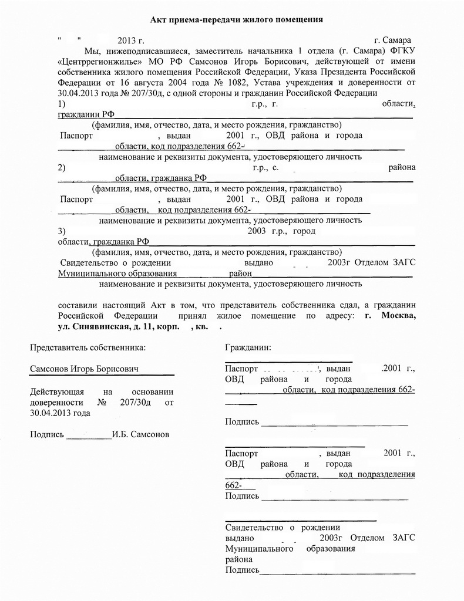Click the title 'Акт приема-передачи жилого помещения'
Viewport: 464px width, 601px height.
coord(236,20)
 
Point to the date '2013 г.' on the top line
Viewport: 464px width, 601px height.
coord(130,40)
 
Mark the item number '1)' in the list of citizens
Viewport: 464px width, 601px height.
coord(62,104)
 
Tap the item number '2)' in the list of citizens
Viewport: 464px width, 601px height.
coord(62,167)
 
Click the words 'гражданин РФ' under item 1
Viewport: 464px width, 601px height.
coord(85,114)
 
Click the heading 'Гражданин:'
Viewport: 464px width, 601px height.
coord(248,347)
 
